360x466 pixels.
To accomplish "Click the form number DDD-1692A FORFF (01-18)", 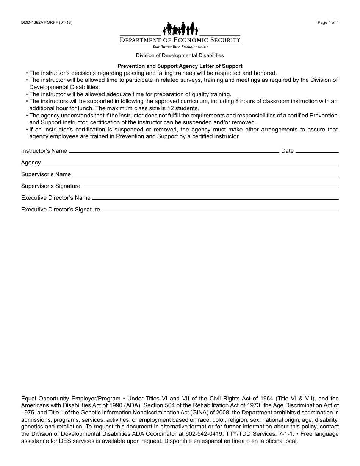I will tap(47, 22).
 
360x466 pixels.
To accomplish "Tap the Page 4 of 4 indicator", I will tap(328, 22).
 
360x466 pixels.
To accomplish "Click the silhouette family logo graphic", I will tap(180, 28).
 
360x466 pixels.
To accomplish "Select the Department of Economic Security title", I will tap(180, 40).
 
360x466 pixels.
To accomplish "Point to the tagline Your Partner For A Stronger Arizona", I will tap(180, 47).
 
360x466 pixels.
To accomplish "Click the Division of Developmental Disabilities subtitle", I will tap(180, 55).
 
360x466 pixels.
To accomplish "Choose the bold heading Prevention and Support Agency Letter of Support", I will tap(180, 66).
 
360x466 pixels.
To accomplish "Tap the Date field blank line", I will tap(317, 152).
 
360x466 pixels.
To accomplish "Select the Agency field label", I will tap(31, 163).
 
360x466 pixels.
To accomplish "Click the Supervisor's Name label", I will tap(46, 174).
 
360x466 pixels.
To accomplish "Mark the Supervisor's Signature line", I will tap(210, 187).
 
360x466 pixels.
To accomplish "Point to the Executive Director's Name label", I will tap(56, 198).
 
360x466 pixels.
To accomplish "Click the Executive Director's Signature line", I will tap(220, 211).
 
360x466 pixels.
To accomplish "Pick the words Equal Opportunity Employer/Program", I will tap(70, 399).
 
